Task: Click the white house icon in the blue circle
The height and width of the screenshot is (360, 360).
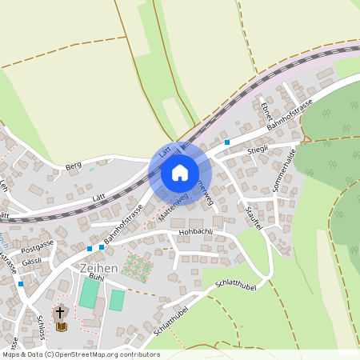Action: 179,173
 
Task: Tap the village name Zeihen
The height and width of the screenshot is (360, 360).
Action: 99,269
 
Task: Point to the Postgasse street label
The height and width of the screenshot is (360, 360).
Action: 38,242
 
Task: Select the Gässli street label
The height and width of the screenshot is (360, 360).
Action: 32,262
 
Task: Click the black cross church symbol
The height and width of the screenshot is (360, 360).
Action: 61,313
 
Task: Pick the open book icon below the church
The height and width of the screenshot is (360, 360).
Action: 61,326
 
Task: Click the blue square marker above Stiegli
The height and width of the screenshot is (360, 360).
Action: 227,142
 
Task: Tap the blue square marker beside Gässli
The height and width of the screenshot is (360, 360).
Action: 21,283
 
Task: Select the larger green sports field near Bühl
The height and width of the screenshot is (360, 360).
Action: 89,293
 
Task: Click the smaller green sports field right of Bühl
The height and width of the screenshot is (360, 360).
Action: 117,300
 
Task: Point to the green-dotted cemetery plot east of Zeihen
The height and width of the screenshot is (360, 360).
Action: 136,266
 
